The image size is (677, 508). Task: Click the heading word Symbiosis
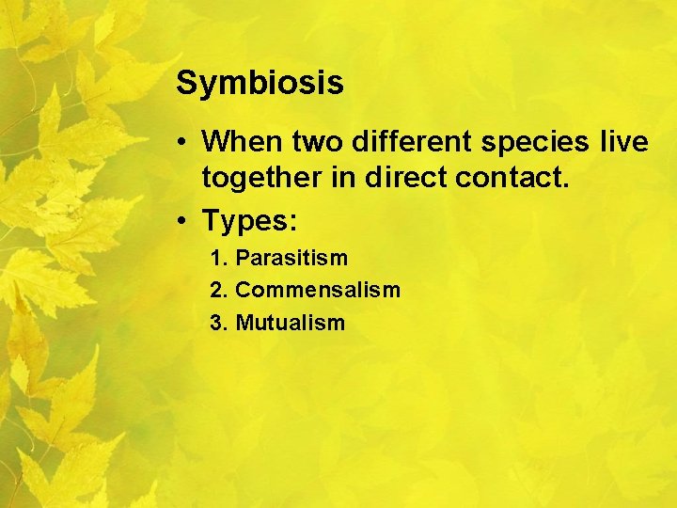click(x=260, y=84)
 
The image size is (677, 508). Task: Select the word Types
click(x=245, y=221)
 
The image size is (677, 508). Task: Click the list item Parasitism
click(x=291, y=258)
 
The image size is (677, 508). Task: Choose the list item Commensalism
click(x=318, y=291)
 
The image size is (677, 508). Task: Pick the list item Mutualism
click(x=291, y=323)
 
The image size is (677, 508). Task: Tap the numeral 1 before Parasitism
click(x=216, y=258)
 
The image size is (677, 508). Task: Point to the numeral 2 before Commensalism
click(x=217, y=291)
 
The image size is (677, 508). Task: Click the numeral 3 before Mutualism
click(x=217, y=323)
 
